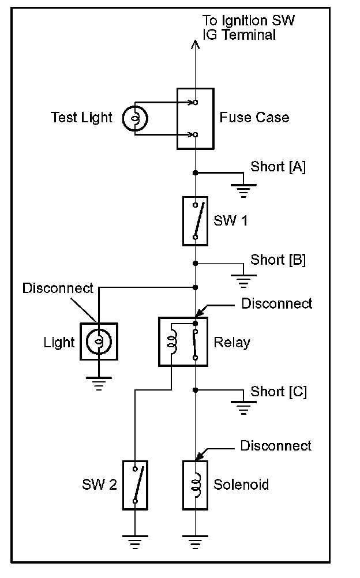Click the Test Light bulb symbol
pyautogui.click(x=135, y=118)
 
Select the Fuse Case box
pyautogui.click(x=195, y=119)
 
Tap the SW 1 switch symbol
pyautogui.click(x=196, y=221)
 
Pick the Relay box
pyautogui.click(x=183, y=341)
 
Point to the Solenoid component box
pyautogui.click(x=196, y=485)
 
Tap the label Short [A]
pyautogui.click(x=278, y=167)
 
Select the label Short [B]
pyautogui.click(x=278, y=260)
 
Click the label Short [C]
pyautogui.click(x=279, y=392)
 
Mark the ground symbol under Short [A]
pyautogui.click(x=243, y=190)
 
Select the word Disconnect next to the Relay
pyautogui.click(x=277, y=303)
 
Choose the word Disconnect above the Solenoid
pyautogui.click(x=276, y=446)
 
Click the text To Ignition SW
pyautogui.click(x=249, y=21)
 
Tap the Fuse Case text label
pyautogui.click(x=254, y=118)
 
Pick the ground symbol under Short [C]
pyautogui.click(x=243, y=408)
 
